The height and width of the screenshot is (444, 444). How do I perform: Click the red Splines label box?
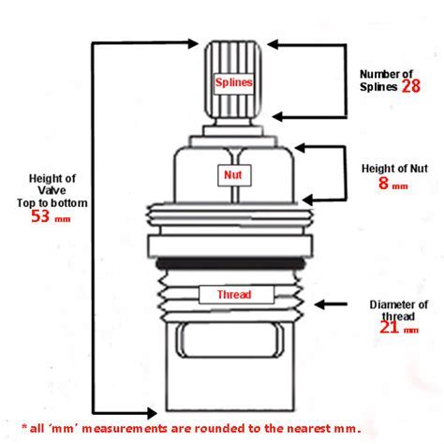[x=233, y=83]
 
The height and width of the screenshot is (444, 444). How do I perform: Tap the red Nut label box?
[x=234, y=175]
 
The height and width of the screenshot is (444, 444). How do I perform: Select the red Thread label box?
[x=236, y=294]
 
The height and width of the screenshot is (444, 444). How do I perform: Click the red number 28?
[x=411, y=86]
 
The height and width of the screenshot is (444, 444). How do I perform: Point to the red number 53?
[x=40, y=215]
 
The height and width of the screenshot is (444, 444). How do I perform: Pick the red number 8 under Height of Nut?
[x=383, y=183]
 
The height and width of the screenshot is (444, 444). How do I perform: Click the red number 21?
[x=390, y=327]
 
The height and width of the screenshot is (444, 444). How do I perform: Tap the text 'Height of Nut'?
[x=394, y=169]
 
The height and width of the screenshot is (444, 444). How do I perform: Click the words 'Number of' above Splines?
[x=386, y=74]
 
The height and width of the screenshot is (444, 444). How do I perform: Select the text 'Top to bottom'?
[x=52, y=203]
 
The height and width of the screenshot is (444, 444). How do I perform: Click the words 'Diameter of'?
[x=398, y=304]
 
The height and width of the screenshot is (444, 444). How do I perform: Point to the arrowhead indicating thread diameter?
[x=321, y=304]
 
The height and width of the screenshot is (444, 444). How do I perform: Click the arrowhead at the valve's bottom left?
[x=151, y=413]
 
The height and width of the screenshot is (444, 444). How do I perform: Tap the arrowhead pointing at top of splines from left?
[x=192, y=43]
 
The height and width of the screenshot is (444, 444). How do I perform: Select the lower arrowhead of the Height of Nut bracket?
[x=308, y=200]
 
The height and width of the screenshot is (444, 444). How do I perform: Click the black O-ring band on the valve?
[x=230, y=263]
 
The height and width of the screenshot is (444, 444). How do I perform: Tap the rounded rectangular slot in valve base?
[x=230, y=340]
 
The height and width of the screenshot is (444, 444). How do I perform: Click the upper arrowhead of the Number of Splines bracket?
[x=274, y=44]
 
